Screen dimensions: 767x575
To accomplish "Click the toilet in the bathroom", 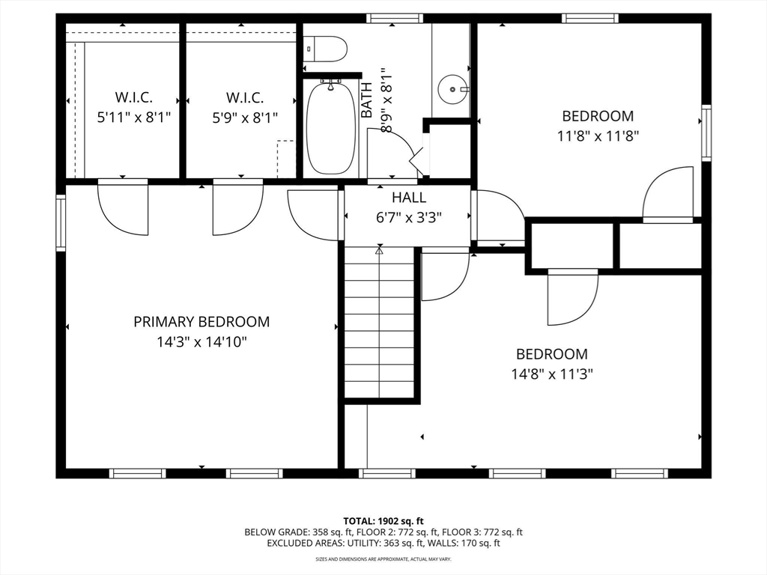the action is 326,49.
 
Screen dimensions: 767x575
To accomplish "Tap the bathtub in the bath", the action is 331,128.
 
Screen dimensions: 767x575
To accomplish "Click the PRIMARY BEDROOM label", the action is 201,322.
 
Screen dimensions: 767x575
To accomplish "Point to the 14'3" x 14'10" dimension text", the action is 201,341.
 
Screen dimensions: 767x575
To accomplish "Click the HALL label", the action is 409,198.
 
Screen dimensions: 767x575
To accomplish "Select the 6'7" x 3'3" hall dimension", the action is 409,218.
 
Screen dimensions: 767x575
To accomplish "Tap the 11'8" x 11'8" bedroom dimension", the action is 598,136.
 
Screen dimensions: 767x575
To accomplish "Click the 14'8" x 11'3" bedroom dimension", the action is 552,374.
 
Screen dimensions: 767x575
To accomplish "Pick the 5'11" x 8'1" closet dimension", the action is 134,118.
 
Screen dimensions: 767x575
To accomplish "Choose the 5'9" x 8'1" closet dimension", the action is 245,118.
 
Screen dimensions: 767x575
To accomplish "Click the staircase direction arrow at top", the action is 379,250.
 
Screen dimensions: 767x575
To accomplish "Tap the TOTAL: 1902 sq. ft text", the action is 383,521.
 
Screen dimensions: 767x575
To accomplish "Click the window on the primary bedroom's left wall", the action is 61,223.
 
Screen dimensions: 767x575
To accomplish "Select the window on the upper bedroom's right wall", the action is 706,133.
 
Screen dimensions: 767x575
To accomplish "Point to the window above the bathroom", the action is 395,19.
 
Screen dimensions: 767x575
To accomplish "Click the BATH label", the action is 366,100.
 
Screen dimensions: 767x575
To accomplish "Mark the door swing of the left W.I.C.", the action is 123,207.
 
